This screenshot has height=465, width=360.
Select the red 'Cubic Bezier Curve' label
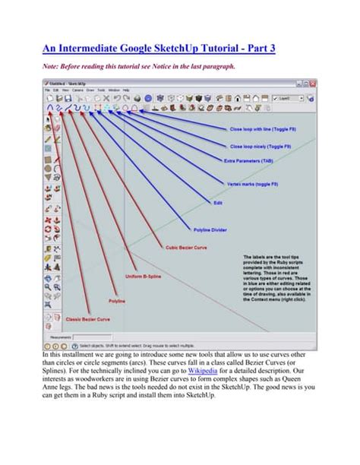(185, 247)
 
